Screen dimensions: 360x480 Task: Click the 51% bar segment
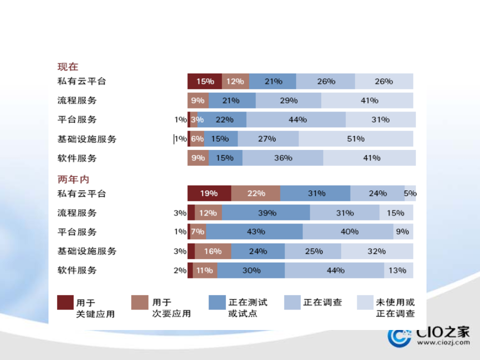pos(355,139)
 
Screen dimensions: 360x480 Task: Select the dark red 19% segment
pos(209,193)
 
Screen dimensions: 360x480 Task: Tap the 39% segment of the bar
pos(266,213)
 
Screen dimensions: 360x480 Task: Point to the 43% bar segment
pos(254,232)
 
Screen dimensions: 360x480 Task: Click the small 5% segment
pos(410,193)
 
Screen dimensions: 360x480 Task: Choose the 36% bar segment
pos(282,158)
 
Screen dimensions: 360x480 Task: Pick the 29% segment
pos(288,100)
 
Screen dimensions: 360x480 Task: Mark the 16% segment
pos(212,251)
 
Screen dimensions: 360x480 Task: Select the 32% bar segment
pos(377,251)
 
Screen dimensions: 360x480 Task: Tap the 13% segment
pos(398,270)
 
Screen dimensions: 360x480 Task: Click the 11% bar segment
pos(205,270)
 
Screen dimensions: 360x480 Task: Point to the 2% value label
pos(179,270)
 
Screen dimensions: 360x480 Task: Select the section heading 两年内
pos(73,179)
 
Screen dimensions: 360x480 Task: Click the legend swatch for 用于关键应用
pos(65,302)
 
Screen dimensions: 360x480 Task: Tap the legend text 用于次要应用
pos(171,308)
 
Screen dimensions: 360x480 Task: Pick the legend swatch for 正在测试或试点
pos(217,302)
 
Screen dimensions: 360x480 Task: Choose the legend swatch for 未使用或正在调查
pos(365,302)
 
